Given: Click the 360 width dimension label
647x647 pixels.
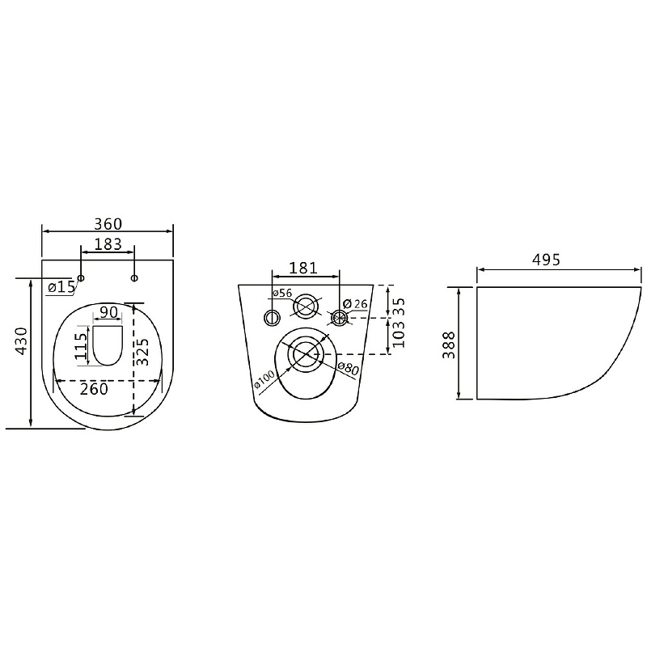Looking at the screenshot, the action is tap(108, 224).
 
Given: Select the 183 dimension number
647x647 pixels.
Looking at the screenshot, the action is tap(108, 244).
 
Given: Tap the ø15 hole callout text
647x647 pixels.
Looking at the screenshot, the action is tap(61, 287).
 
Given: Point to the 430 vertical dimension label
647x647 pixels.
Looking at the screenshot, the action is tap(21, 340).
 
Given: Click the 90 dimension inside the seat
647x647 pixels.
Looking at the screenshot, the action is tap(109, 312).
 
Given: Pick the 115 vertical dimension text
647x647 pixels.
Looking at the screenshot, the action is tap(82, 346).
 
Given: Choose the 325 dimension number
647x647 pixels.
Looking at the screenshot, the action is tap(143, 352).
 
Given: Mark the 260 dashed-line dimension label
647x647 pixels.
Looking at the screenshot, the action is tap(94, 389).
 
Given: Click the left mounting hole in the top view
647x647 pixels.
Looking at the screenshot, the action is tap(82, 278).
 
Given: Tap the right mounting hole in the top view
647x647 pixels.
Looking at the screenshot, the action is tap(134, 278).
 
